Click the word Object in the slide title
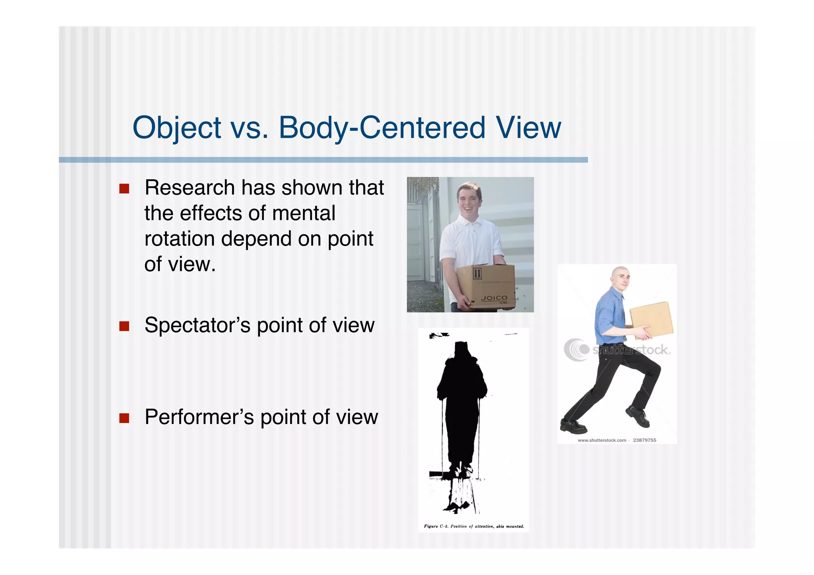(x=176, y=128)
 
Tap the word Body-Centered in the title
(x=382, y=128)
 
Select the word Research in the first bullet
(x=190, y=188)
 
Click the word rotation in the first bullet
(x=179, y=239)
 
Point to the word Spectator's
(x=197, y=325)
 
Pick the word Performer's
(x=199, y=417)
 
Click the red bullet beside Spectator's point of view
(x=124, y=326)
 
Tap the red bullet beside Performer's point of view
(x=124, y=418)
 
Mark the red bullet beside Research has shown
(x=124, y=188)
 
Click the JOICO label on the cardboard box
(x=494, y=298)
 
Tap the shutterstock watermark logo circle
(x=576, y=350)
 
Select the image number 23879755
(x=644, y=440)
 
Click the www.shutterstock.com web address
(x=602, y=440)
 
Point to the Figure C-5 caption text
(x=474, y=527)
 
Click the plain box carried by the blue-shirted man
(x=651, y=319)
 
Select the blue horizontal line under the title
(x=323, y=160)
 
